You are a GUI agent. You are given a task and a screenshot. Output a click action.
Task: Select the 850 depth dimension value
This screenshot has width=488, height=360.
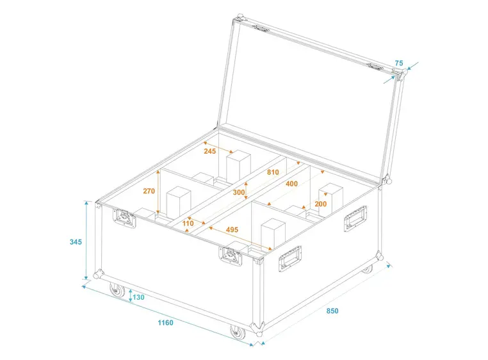coord(331,311)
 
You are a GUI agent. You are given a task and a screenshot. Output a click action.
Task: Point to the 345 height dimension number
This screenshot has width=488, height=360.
coord(76,241)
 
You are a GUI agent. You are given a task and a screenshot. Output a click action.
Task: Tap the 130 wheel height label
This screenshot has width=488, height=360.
coord(138,297)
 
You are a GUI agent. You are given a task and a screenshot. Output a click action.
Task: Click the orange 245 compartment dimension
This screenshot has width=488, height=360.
coord(211,152)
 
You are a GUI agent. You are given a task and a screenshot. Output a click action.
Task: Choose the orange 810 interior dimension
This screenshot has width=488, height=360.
coord(273,173)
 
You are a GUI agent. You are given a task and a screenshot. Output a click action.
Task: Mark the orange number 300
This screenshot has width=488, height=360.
coord(239,192)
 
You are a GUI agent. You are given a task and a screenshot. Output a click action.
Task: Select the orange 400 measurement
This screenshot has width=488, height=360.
coord(291,184)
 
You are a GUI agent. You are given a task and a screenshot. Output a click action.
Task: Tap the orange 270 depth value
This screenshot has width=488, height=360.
coord(149,191)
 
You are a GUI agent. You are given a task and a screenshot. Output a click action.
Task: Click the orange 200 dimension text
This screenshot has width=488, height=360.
coord(320,204)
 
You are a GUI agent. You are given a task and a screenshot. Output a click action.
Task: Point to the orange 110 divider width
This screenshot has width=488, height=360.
coord(188,223)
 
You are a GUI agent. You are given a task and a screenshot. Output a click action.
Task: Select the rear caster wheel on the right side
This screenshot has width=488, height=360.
coord(367,268)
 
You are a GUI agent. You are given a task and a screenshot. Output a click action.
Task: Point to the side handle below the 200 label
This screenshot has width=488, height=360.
coord(356,218)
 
